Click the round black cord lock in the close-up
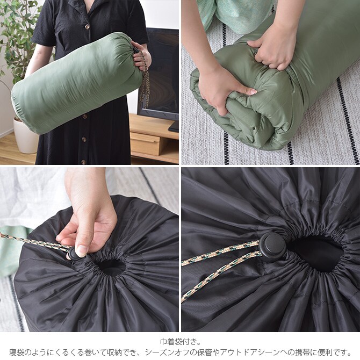pyautogui.click(x=272, y=246)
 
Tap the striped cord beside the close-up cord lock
pyautogui.click(x=220, y=263)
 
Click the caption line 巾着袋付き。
pyautogui.click(x=180, y=342)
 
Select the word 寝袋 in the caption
pyautogui.click(x=17, y=352)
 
